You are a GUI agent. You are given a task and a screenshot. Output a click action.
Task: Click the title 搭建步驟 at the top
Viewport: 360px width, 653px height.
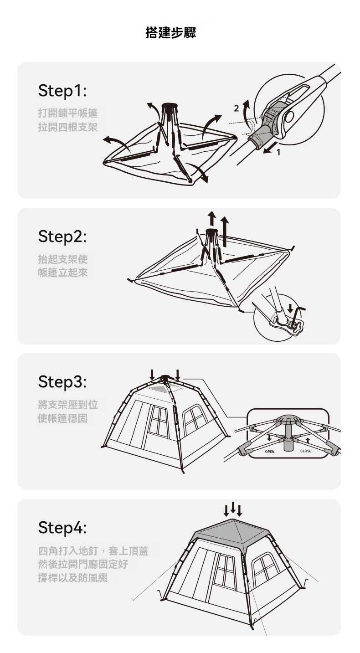(171, 33)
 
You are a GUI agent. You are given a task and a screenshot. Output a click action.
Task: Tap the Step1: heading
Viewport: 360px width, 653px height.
(62, 91)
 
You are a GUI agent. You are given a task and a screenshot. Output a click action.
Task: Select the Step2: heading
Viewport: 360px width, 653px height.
(62, 236)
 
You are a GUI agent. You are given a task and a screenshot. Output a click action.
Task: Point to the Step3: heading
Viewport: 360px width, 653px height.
(62, 381)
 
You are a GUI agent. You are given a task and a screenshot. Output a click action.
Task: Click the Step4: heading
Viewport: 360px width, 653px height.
(62, 527)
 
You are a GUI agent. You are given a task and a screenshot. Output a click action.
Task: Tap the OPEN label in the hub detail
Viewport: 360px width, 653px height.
(270, 452)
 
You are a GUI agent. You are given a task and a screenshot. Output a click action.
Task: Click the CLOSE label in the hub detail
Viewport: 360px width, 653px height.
(305, 451)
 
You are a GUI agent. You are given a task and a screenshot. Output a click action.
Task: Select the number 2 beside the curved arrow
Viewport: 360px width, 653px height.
(237, 108)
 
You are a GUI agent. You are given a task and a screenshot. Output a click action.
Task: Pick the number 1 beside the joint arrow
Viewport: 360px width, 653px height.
(278, 153)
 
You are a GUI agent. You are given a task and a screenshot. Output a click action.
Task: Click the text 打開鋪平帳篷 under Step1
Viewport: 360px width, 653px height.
(67, 113)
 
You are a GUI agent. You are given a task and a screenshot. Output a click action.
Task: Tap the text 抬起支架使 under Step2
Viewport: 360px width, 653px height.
(63, 258)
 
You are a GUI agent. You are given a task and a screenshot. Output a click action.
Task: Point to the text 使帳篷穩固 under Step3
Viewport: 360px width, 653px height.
(62, 418)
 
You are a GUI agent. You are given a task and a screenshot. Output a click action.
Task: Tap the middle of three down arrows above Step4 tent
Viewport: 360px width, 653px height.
(233, 508)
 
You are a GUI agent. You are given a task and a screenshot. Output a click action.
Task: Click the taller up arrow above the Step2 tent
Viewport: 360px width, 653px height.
(225, 232)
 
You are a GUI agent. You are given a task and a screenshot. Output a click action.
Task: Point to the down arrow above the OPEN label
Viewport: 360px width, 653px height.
(269, 438)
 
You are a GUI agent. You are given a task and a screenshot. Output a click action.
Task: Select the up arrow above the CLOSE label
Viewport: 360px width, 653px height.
(307, 440)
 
